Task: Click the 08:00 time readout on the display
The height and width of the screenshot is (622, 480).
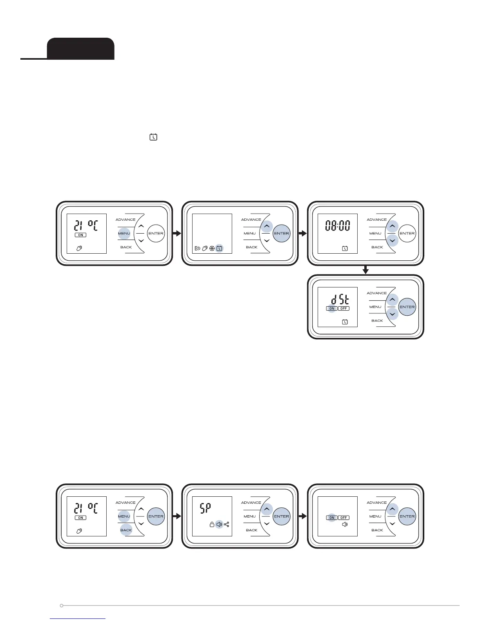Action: click(x=337, y=226)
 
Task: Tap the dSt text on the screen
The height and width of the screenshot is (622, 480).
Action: click(x=340, y=300)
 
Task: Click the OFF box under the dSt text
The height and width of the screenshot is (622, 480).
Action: click(x=344, y=309)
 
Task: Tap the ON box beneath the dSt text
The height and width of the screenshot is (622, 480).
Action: click(x=332, y=309)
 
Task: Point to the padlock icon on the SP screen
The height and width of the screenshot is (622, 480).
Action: click(x=212, y=524)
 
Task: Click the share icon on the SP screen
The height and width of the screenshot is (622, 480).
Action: click(x=227, y=524)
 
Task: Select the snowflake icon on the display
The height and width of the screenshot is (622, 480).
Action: click(x=212, y=249)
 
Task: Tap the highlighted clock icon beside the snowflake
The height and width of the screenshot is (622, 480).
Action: click(x=220, y=249)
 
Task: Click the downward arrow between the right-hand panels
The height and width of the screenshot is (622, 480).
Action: click(x=365, y=270)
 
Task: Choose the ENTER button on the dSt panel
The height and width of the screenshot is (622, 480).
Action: click(x=407, y=307)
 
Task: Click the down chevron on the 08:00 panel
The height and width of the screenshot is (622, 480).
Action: click(x=392, y=241)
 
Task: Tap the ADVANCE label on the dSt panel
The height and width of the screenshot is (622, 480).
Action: click(x=376, y=293)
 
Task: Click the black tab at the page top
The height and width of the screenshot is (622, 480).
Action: click(x=80, y=49)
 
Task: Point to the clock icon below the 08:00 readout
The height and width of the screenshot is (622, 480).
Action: click(x=345, y=249)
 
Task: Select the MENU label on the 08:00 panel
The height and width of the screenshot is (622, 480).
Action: click(x=375, y=234)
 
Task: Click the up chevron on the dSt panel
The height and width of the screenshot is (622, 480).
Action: click(x=392, y=300)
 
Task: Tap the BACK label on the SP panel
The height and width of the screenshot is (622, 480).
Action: click(x=251, y=530)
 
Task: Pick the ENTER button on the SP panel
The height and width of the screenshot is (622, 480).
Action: click(x=282, y=516)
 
